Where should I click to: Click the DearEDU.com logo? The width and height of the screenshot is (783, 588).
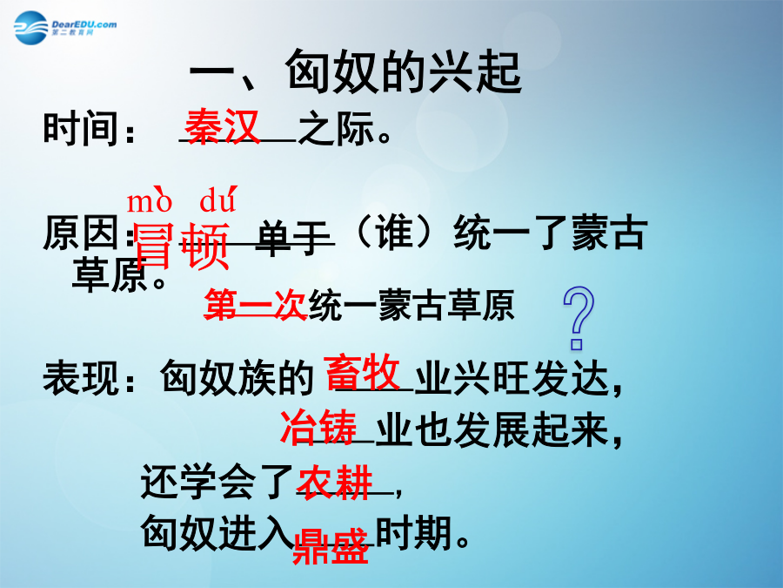(x=65, y=28)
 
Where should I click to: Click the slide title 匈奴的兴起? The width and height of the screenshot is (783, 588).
(x=404, y=72)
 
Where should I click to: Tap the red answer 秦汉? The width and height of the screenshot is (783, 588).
(x=222, y=126)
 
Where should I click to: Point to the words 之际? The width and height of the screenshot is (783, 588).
(x=337, y=128)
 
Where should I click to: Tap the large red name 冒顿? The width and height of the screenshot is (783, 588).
(x=182, y=246)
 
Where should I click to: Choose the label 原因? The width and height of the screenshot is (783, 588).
(x=80, y=233)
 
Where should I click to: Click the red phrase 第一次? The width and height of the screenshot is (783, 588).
(x=255, y=304)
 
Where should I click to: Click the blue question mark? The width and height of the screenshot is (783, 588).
(x=579, y=317)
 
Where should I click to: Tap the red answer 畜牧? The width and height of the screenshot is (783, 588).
(x=362, y=372)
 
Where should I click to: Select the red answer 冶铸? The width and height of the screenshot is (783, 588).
(x=318, y=427)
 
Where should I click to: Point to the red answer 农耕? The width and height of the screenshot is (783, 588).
(x=335, y=482)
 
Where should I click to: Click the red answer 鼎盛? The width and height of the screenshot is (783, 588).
(x=331, y=547)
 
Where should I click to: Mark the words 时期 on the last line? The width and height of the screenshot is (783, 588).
(x=414, y=532)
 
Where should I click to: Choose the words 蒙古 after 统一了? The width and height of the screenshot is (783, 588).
(x=609, y=232)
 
